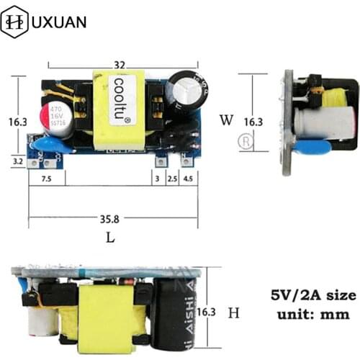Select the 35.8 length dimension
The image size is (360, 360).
[x=113, y=218]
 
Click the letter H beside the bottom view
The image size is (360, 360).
[x=233, y=312]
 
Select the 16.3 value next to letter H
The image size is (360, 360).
[x=207, y=312]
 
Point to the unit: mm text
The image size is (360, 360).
[x=311, y=314]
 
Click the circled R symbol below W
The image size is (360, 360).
[x=248, y=141]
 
